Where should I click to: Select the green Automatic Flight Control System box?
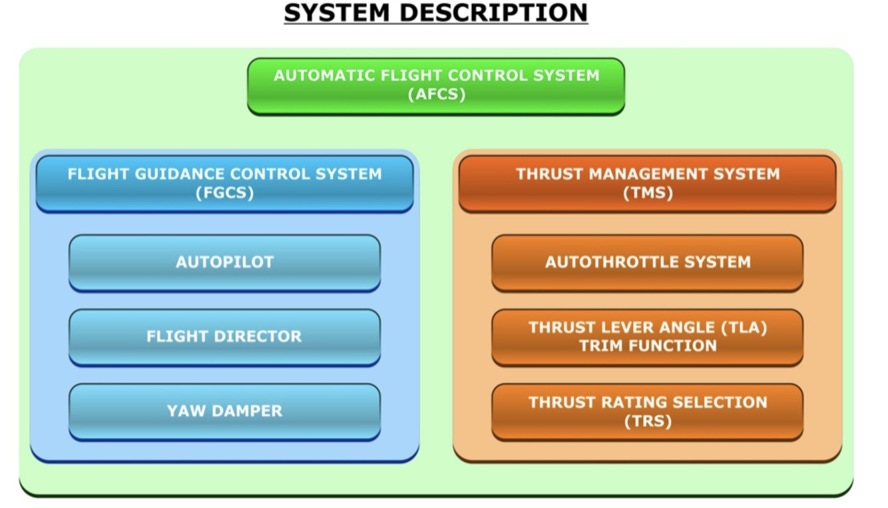[436, 86]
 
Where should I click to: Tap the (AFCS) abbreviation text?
[436, 95]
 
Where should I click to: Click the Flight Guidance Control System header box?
[224, 184]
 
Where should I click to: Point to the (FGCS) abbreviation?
[224, 193]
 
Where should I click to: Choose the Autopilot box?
[224, 262]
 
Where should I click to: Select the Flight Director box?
[224, 337]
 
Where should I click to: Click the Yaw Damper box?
[224, 411]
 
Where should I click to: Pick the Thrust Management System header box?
[647, 184]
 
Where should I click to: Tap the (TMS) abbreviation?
[648, 193]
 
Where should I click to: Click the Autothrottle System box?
[647, 262]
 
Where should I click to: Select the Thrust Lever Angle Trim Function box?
[647, 337]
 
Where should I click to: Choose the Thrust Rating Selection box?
[647, 411]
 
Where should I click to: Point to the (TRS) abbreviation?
[648, 421]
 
